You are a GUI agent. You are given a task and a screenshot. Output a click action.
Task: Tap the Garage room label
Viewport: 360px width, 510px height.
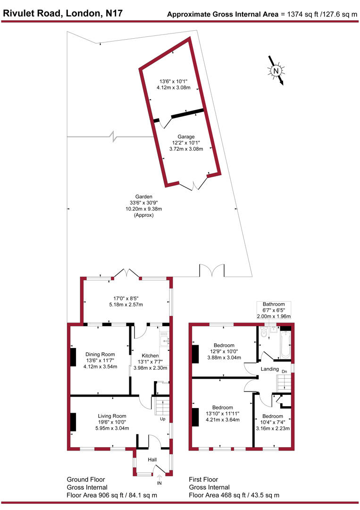(186, 136)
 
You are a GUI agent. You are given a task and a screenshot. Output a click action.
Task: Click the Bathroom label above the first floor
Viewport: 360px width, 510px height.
(274, 304)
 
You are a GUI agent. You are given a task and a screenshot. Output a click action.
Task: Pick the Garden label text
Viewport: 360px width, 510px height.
(144, 197)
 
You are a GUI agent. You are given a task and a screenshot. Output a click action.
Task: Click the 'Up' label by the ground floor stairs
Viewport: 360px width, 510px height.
(163, 419)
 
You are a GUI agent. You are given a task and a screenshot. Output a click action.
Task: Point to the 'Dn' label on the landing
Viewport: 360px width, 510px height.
(284, 372)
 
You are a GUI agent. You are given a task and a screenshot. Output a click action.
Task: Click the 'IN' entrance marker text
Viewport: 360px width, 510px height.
(159, 484)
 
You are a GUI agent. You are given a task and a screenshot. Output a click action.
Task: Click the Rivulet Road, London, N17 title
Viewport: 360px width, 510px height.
(63, 13)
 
